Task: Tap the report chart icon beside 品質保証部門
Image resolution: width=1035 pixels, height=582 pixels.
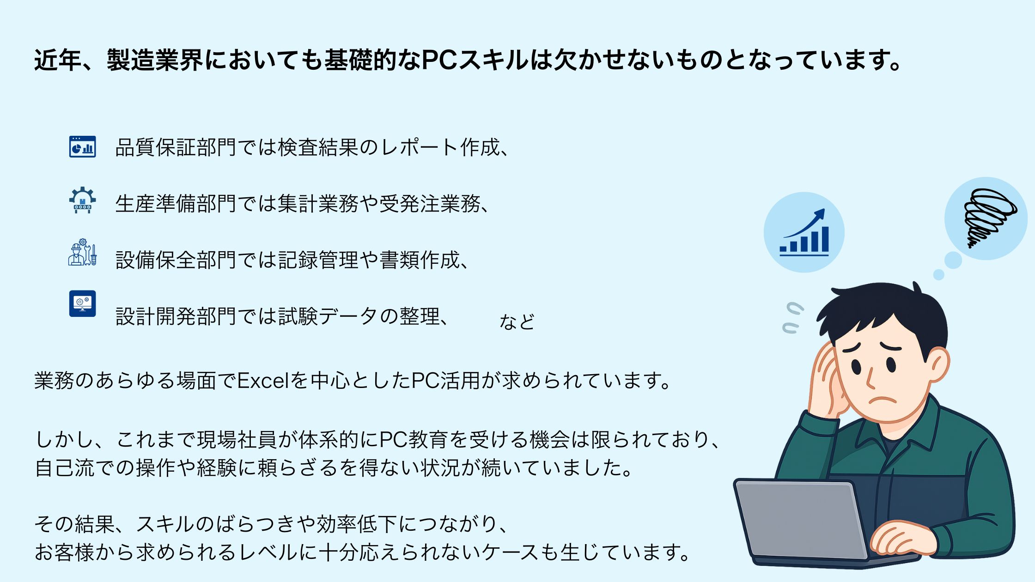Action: coord(83,147)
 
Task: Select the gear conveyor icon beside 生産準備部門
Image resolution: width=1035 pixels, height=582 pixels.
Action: coord(83,200)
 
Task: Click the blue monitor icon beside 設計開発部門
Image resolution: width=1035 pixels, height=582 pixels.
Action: coord(83,303)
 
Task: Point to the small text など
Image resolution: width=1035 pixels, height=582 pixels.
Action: coord(517,321)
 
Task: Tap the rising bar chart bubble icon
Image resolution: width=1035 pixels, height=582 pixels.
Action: coord(804,232)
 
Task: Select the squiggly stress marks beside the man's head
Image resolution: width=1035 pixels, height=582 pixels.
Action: coord(792,318)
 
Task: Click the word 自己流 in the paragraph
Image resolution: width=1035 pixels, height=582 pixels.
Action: coord(65,468)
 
